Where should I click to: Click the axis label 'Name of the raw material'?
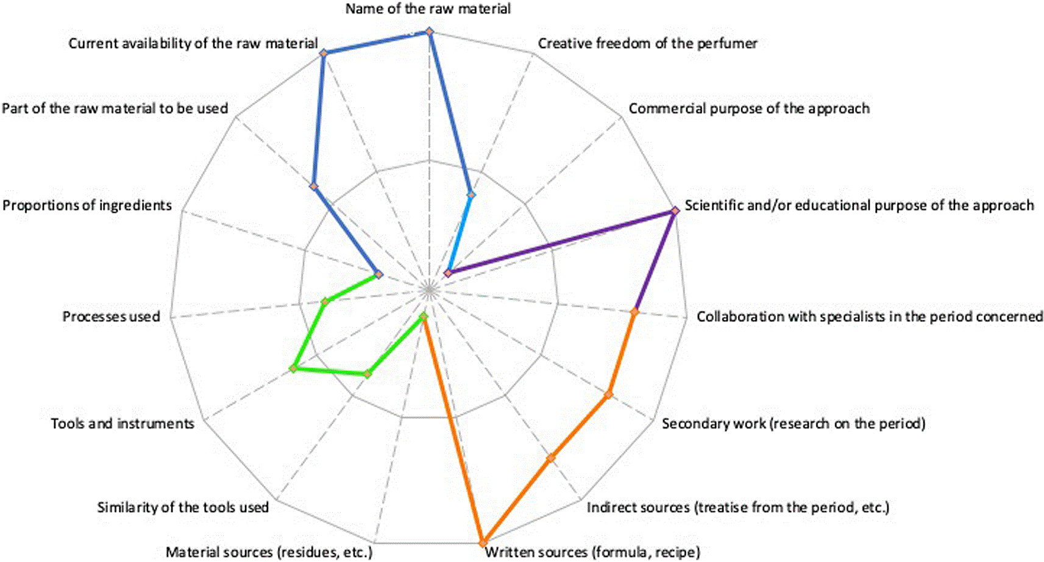point(428,9)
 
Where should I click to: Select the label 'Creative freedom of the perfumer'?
point(647,43)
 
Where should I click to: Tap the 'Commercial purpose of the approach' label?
point(749,108)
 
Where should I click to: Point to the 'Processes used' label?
point(112,316)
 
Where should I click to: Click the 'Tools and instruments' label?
point(123,424)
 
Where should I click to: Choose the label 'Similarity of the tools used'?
point(183,507)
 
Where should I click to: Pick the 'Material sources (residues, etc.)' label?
point(269,552)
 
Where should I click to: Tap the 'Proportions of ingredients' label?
point(87,205)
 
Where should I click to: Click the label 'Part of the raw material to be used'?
point(115,108)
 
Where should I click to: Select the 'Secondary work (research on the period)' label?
point(794,424)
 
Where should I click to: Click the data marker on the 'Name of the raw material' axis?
point(429,32)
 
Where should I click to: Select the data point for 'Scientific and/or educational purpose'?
point(675,211)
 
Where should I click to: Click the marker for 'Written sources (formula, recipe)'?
point(483,543)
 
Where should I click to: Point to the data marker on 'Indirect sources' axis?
point(552,458)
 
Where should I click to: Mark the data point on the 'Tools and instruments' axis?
point(293,369)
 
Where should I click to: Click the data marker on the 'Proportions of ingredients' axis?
point(378,274)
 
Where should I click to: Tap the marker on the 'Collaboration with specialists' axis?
point(634,311)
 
